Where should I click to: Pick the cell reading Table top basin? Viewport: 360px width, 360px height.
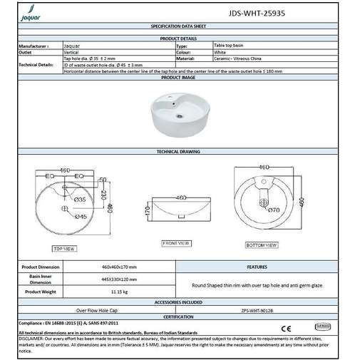230,45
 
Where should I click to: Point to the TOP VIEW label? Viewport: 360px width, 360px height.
64,249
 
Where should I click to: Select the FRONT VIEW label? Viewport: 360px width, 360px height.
175,244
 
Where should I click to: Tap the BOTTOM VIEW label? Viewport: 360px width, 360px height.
261,245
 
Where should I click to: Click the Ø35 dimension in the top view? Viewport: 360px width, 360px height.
79,200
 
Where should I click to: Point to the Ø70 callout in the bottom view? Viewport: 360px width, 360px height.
272,210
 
